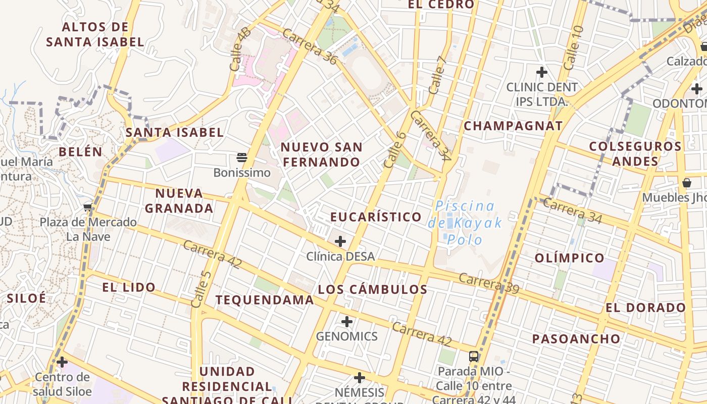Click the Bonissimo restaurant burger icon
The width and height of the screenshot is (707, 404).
242,158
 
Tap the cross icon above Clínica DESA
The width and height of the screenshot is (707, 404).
340,241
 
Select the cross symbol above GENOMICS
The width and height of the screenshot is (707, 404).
347,321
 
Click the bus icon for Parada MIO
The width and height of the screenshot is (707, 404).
474,356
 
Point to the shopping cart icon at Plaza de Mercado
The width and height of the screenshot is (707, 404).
88,207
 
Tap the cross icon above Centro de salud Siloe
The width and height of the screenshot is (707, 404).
62,362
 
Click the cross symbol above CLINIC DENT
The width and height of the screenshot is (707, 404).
542,72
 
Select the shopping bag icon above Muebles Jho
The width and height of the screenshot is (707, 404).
687,182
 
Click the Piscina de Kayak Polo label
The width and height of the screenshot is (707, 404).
465,222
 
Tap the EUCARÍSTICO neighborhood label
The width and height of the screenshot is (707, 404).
376,217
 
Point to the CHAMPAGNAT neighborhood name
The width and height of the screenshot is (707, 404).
513,126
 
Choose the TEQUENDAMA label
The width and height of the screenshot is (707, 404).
265,300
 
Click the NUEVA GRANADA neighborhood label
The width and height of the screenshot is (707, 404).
179,200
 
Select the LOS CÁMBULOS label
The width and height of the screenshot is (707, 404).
373,289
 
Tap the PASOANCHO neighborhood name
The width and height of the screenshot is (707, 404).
576,339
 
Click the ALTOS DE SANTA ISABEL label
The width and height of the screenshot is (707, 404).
95,34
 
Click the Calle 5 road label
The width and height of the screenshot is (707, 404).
201,289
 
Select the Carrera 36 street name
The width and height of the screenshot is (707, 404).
309,46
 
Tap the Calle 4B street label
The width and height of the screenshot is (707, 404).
240,49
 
